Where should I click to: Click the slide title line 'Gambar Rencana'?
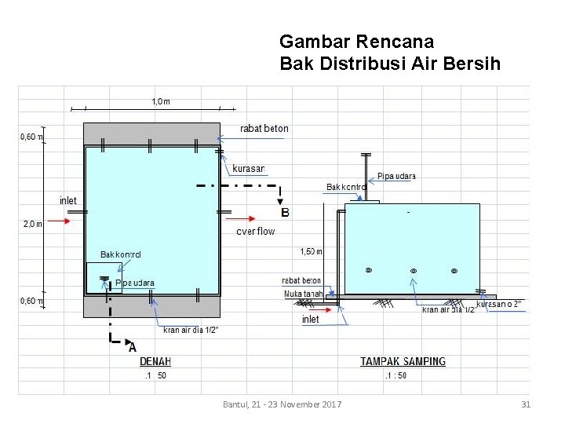coord(356,41)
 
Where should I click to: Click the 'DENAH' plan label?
coord(155,362)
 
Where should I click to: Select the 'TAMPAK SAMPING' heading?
coord(403,362)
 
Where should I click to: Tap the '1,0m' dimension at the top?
coord(160,101)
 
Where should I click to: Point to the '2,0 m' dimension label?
coord(33,224)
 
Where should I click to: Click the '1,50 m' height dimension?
coord(312,251)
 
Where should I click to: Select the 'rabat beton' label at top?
coord(264,129)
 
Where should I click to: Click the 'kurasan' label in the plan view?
coord(249,169)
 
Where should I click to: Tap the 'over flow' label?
coord(256,231)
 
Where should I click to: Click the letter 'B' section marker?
coord(285,212)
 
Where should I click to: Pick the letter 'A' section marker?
coord(132,346)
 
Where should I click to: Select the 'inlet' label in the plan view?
coord(68,201)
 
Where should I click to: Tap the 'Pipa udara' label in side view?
coord(396,176)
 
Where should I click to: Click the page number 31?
coord(527,404)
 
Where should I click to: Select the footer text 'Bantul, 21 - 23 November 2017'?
coord(282,404)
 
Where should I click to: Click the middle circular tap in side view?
coord(414,271)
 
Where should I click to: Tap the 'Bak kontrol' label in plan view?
coord(121,254)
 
